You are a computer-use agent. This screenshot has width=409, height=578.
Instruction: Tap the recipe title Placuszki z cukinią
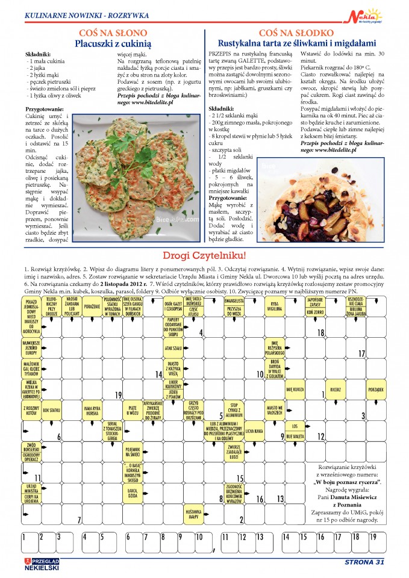[113, 43]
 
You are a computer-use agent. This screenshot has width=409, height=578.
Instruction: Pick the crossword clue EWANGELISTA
[234, 300]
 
